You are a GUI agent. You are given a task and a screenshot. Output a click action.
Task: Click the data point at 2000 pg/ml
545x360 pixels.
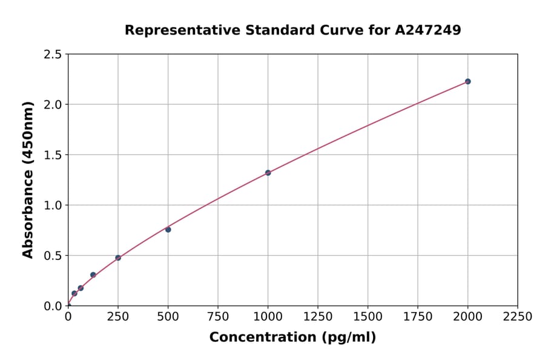coord(467,81)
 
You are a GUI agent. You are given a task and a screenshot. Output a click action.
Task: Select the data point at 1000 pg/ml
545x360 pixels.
coord(268,173)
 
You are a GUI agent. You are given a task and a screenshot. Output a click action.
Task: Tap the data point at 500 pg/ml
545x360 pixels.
coord(168,229)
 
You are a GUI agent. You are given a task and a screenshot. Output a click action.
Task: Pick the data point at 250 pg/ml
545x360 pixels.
coord(118,258)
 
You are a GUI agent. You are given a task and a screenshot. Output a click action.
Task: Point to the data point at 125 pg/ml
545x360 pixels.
coord(93,275)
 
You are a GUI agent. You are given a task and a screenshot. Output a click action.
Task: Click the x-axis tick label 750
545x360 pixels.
coord(218,317)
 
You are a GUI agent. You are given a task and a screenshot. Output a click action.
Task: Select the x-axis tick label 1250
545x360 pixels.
coord(318,317)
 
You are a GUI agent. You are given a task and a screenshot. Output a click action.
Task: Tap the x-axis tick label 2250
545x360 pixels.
coord(517,317)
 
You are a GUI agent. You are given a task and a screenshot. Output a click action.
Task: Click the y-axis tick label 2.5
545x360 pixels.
coord(53,55)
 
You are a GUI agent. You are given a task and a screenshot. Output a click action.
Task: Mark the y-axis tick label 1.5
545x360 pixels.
coord(53,155)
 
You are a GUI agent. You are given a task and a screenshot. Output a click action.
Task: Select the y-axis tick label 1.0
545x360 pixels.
coord(53,205)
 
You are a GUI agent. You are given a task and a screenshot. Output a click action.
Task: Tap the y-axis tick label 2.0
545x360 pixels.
coord(53,105)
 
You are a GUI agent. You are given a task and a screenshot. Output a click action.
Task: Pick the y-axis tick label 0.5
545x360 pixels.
coord(53,256)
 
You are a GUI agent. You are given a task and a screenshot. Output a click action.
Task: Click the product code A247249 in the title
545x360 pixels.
coord(428,30)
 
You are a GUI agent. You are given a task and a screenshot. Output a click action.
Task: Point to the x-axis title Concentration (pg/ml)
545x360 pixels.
coord(292,338)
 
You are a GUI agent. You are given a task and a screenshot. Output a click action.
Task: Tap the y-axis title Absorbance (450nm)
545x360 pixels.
coord(28,179)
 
